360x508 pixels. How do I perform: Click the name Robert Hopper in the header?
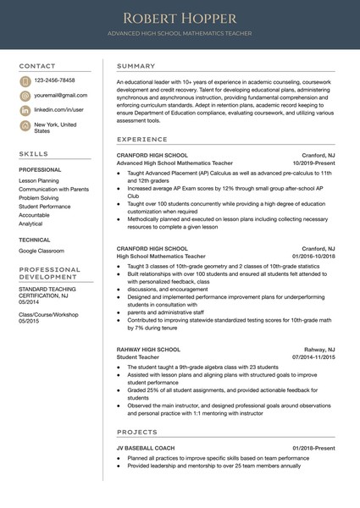coord(180,18)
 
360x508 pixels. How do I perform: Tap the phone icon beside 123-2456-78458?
coord(25,80)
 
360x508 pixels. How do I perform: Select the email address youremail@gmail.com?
coord(60,95)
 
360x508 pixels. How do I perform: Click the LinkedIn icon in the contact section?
coord(25,110)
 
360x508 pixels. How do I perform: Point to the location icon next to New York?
coord(25,125)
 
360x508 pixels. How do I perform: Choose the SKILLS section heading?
coord(33,154)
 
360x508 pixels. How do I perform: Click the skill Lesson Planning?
coord(39,180)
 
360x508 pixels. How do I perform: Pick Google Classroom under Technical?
coord(42,251)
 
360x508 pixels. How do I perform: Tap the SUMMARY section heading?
coord(136,66)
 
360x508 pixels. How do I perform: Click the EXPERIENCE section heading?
coord(141,140)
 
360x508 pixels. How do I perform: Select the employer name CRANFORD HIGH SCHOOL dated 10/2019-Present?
coord(152,156)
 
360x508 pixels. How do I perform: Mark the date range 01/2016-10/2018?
coord(313,256)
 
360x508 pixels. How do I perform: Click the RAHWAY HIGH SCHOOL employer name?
coord(148,350)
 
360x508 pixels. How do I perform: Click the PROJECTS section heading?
coord(137,431)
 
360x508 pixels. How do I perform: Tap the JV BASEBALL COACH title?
coord(146,448)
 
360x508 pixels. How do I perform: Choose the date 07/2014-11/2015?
coord(313,357)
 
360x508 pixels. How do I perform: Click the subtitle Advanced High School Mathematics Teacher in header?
coord(180,34)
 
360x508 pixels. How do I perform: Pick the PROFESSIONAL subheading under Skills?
coord(40,170)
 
